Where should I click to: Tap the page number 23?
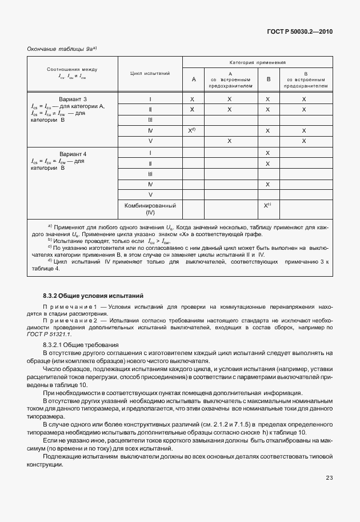click(x=329, y=477)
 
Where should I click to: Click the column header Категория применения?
click(x=258, y=62)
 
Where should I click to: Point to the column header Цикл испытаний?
click(x=150, y=74)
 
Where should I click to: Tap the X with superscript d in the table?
click(x=193, y=130)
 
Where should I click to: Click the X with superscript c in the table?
click(x=267, y=205)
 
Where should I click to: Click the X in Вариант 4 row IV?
click(x=267, y=184)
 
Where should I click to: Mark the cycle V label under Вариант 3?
click(x=150, y=141)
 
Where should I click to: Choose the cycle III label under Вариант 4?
click(x=150, y=174)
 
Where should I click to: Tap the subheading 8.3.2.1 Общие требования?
click(x=81, y=345)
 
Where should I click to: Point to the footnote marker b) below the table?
click(x=50, y=240)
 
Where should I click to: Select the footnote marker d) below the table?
click(x=50, y=261)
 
